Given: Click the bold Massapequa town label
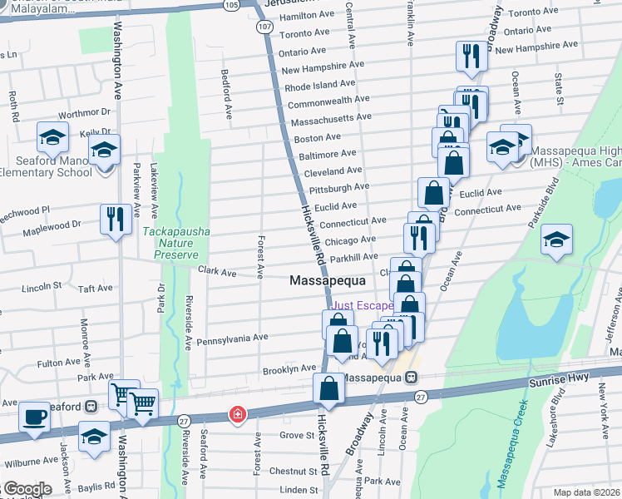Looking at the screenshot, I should pos(328,281).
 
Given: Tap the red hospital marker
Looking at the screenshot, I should pos(238,413).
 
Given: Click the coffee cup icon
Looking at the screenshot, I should pos(35,416).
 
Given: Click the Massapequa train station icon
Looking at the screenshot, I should pos(411,377).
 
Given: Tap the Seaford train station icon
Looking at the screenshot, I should pos(92,407).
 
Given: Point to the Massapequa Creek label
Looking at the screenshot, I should pos(511,444).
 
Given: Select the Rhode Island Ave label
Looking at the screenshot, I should pos(320,85).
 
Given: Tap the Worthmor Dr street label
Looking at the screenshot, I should pos(85,112).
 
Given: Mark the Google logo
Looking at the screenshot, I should pos(27,489).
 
